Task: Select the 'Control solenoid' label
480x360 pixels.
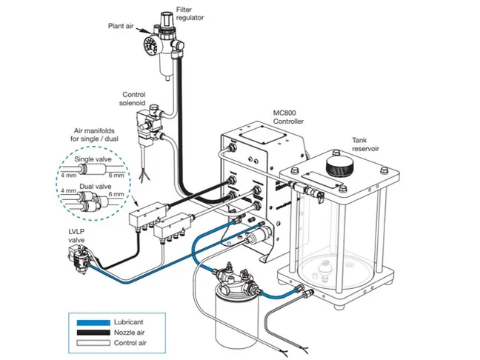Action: coord(139,99)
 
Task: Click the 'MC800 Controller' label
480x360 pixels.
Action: coord(288,117)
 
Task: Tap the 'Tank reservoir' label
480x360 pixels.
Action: coord(367,144)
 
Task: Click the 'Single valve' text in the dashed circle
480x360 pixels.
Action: coord(93,159)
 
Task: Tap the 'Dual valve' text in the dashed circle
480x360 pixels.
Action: coord(91,186)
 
